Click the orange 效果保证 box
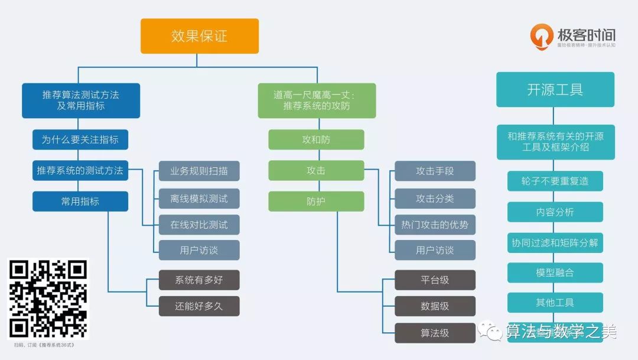(200, 36)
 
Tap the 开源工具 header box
(555, 89)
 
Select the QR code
(49, 299)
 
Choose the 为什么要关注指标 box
(80, 140)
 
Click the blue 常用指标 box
(80, 202)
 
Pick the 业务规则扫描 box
(199, 171)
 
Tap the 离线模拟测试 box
(199, 199)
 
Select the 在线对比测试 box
(199, 225)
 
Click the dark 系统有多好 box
(199, 280)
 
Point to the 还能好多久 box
(199, 306)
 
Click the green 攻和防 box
(316, 140)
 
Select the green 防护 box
(316, 202)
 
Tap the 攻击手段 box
(435, 171)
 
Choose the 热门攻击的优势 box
(435, 225)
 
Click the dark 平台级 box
(435, 280)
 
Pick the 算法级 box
(435, 333)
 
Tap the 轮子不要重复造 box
(555, 181)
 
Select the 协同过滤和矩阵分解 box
(555, 242)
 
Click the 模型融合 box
(555, 273)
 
